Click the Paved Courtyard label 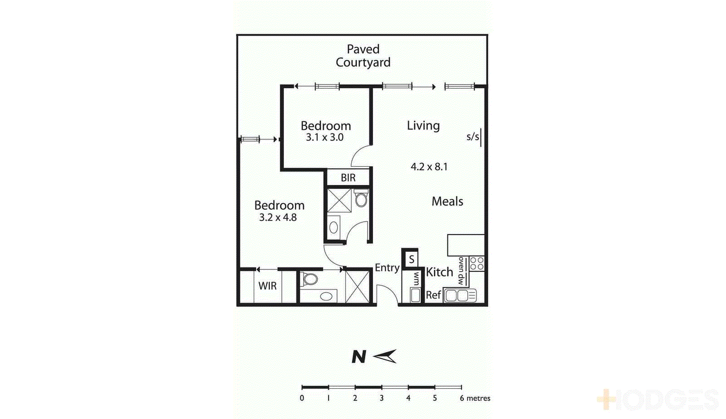(x=363, y=56)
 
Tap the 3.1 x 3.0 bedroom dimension (x=324, y=137)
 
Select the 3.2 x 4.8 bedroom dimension (x=278, y=218)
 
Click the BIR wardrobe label (x=348, y=178)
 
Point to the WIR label (x=267, y=286)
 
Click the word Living (x=423, y=126)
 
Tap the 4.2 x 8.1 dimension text (x=429, y=167)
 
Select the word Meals (x=447, y=201)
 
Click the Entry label (x=387, y=268)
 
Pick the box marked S (x=411, y=259)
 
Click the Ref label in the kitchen (x=433, y=295)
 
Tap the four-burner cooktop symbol (x=476, y=264)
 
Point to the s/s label (x=472, y=136)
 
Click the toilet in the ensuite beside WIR (x=310, y=279)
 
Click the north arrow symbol (x=385, y=356)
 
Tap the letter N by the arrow (x=358, y=357)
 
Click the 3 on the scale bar (x=382, y=398)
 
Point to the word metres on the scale (x=478, y=398)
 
